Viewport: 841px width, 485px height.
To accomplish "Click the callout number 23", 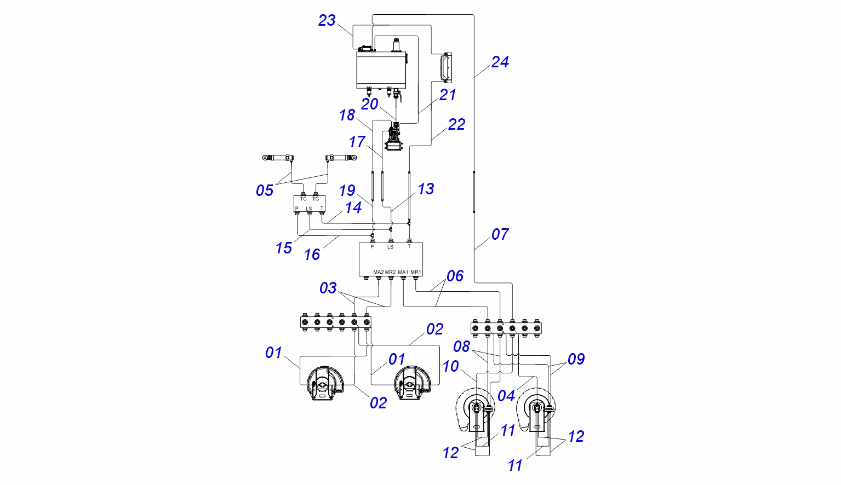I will [327, 21].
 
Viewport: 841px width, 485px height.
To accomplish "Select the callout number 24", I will [500, 62].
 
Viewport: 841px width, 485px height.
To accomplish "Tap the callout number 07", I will [500, 235].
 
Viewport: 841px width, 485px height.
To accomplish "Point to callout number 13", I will [426, 189].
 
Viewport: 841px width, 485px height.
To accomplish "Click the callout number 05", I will [265, 191].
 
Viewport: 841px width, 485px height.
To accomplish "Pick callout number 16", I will [312, 255].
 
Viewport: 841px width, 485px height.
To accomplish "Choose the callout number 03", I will [328, 288].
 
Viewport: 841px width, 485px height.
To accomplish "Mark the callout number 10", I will [450, 367].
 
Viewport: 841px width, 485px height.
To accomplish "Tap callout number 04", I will [506, 396].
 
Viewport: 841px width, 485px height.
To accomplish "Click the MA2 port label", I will [379, 272].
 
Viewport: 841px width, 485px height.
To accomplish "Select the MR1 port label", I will [416, 272].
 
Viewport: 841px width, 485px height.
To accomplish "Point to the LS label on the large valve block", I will [390, 247].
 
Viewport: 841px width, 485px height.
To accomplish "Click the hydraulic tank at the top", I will [382, 70].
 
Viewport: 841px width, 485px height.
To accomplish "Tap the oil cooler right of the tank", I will [447, 67].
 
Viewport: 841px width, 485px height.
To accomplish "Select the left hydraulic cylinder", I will [278, 158].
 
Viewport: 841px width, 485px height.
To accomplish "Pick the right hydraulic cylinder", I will [341, 158].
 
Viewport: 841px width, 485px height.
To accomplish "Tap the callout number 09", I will [576, 360].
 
